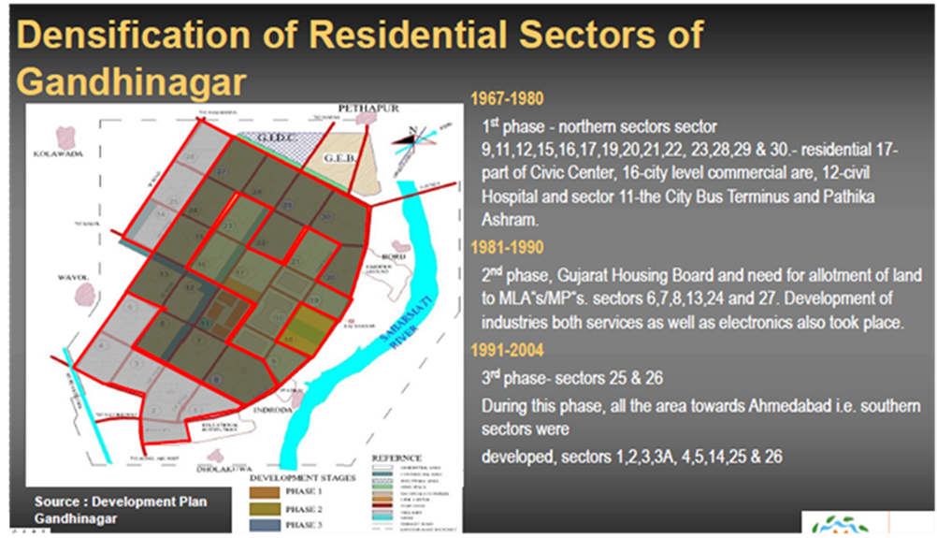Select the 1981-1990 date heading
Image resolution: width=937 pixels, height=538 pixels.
[x=507, y=248]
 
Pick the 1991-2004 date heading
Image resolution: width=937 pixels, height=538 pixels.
[x=507, y=351]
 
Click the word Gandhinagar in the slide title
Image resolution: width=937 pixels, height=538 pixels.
[x=131, y=81]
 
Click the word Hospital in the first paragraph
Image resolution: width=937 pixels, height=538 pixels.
[x=511, y=197]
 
